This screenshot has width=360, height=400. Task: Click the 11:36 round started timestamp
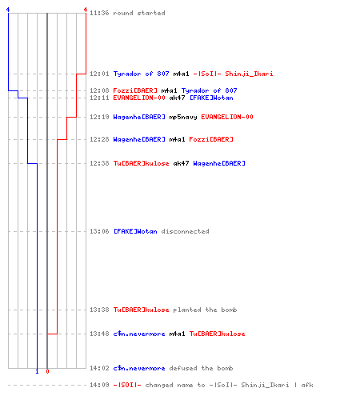(99, 13)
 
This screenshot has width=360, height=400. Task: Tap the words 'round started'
(139, 13)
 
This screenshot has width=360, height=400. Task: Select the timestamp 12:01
(99, 74)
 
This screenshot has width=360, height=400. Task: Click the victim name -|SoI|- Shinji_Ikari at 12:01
(233, 74)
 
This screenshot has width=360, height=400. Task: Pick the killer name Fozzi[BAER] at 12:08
(135, 90)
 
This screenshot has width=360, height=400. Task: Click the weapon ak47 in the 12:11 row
(177, 98)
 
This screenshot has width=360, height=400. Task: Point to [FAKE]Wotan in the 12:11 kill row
(211, 98)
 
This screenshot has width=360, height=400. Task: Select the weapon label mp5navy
(183, 117)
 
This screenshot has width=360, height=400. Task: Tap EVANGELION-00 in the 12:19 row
(227, 117)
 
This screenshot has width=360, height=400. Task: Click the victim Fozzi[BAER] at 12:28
(211, 139)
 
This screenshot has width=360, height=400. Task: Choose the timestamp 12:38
(99, 163)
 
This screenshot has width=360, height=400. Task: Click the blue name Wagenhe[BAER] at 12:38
(219, 163)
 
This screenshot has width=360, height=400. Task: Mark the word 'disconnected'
(185, 231)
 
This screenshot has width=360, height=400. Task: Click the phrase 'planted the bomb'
(205, 310)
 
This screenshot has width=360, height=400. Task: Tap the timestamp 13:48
(99, 334)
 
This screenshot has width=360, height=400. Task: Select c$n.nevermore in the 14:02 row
(139, 368)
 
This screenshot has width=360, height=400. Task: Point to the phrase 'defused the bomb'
(201, 368)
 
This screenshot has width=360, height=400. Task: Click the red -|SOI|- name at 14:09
(127, 385)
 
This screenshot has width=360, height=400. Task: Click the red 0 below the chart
(47, 371)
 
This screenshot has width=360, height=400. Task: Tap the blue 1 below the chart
(37, 371)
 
